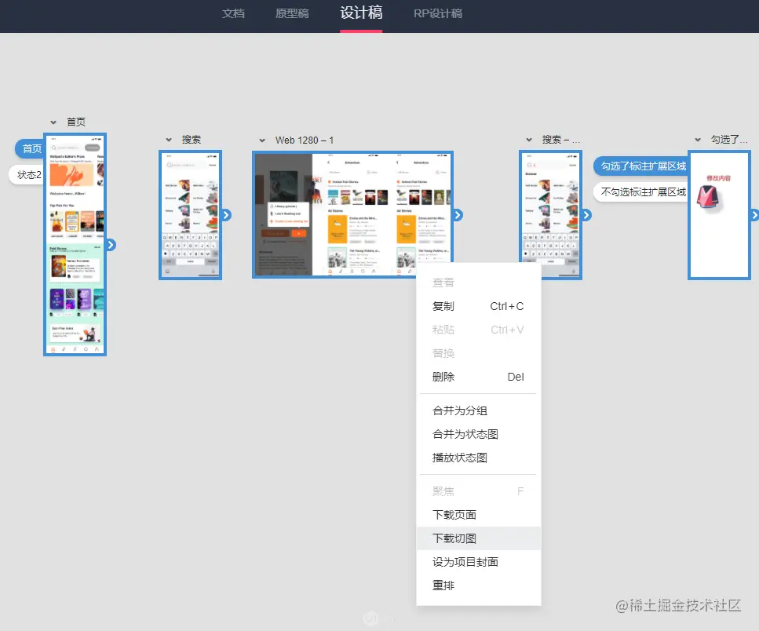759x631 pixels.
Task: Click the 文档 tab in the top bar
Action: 233,13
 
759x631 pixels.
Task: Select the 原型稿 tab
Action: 292,13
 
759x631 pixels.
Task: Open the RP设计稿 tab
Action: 438,13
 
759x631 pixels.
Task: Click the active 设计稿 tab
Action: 361,13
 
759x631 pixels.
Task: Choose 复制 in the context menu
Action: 443,306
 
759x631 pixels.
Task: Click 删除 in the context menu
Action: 443,377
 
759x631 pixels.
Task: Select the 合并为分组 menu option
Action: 460,410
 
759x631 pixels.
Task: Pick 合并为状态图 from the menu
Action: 465,434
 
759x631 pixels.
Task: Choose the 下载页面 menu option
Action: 454,515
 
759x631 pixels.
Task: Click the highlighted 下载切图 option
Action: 454,538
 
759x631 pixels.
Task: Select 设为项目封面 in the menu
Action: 465,562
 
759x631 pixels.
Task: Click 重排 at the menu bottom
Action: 443,585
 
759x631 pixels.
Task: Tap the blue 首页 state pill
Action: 31,149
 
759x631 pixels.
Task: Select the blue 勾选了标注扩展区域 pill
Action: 642,166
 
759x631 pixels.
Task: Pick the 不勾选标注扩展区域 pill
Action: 642,191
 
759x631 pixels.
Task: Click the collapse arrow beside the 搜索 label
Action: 169,140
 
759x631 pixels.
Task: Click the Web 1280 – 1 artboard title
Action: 305,140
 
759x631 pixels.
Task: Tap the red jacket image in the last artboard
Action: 717,199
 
